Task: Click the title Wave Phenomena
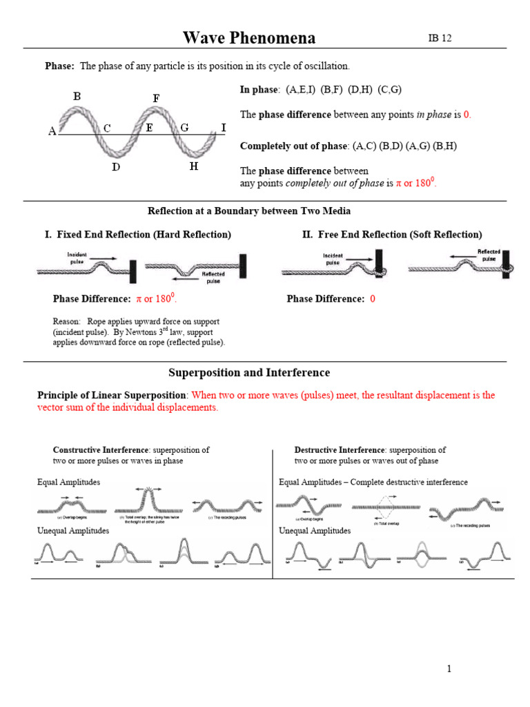[249, 38]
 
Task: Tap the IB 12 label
[440, 38]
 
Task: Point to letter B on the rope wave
[77, 97]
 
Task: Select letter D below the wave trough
[117, 167]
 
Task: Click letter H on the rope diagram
[194, 166]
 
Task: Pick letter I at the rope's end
[223, 127]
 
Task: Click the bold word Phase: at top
[59, 66]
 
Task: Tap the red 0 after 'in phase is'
[467, 115]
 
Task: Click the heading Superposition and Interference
[249, 373]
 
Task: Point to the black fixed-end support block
[132, 269]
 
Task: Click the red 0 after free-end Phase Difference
[373, 299]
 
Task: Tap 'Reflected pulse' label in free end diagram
[489, 255]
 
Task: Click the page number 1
[448, 668]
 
